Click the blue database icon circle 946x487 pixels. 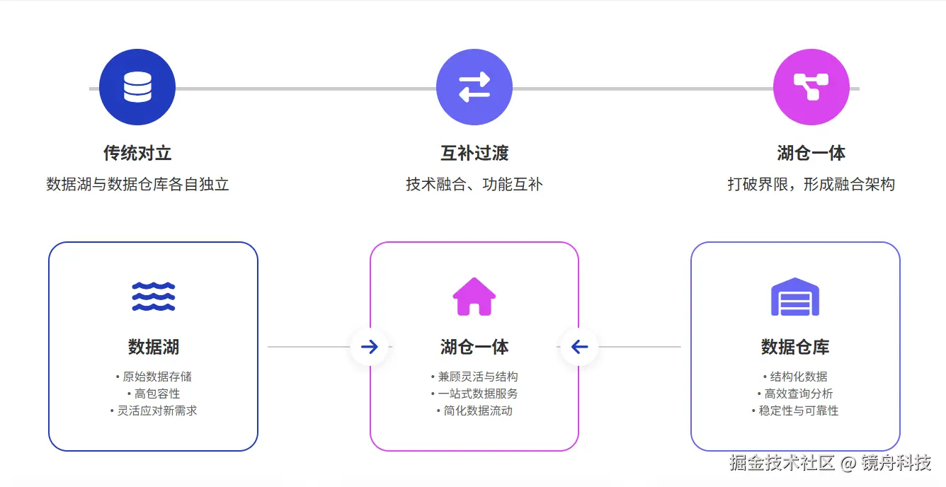click(x=137, y=87)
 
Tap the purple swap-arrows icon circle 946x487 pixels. click(x=474, y=87)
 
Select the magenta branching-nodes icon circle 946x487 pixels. click(x=811, y=87)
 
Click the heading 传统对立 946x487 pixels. click(x=137, y=153)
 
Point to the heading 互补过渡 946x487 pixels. click(x=474, y=153)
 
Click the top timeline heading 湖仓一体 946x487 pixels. click(x=811, y=153)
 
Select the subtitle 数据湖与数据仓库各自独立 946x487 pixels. click(x=137, y=185)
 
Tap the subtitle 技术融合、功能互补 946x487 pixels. click(x=474, y=185)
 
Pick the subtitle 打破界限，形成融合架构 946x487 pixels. click(x=811, y=185)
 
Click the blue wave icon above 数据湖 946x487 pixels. click(x=153, y=297)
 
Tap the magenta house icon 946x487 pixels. click(x=474, y=297)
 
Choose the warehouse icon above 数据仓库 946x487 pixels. click(x=794, y=297)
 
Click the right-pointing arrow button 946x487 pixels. click(x=370, y=347)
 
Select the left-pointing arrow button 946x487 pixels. click(x=579, y=347)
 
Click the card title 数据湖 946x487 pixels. click(x=153, y=347)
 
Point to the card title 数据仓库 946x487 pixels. click(x=794, y=347)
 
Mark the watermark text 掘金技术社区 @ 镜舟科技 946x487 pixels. click(x=830, y=464)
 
